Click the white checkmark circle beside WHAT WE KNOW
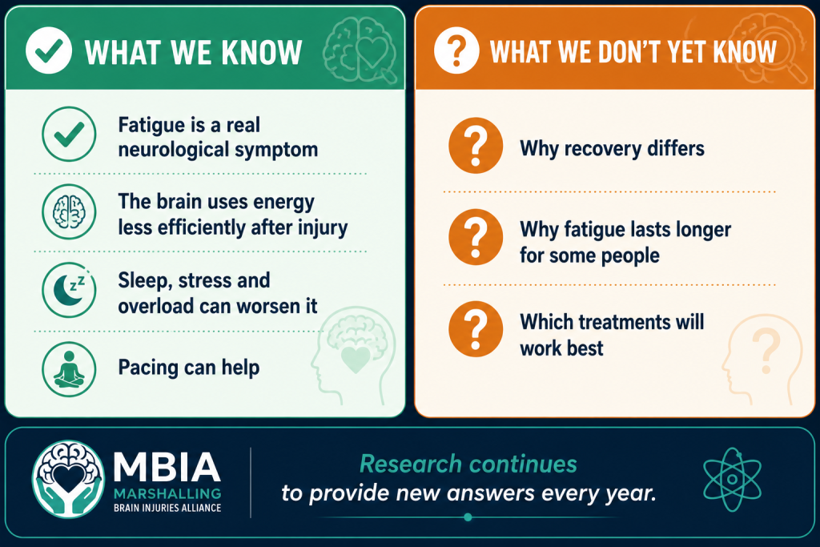(x=49, y=50)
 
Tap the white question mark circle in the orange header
(x=456, y=50)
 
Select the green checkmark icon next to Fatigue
(x=69, y=134)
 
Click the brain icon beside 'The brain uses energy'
(x=69, y=211)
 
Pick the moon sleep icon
(x=69, y=290)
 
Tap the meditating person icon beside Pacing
(x=69, y=368)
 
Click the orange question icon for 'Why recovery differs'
(x=476, y=146)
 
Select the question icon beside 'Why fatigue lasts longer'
(x=476, y=237)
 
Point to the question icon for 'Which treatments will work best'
(x=476, y=329)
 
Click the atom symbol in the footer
(x=732, y=480)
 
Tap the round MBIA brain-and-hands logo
(x=68, y=479)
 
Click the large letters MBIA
(x=167, y=467)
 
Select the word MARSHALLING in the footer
(x=167, y=494)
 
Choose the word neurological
(x=174, y=151)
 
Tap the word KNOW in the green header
(x=262, y=52)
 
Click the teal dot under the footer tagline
(x=468, y=517)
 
